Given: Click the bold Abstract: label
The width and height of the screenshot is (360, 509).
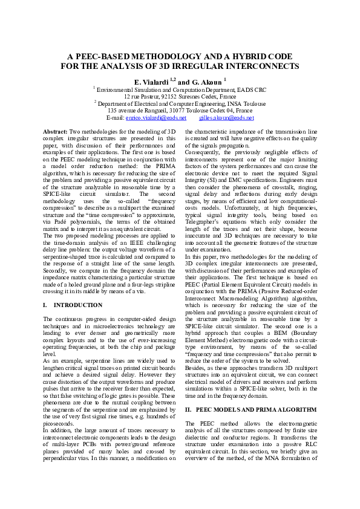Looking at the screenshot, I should pyautogui.click(x=56, y=131).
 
